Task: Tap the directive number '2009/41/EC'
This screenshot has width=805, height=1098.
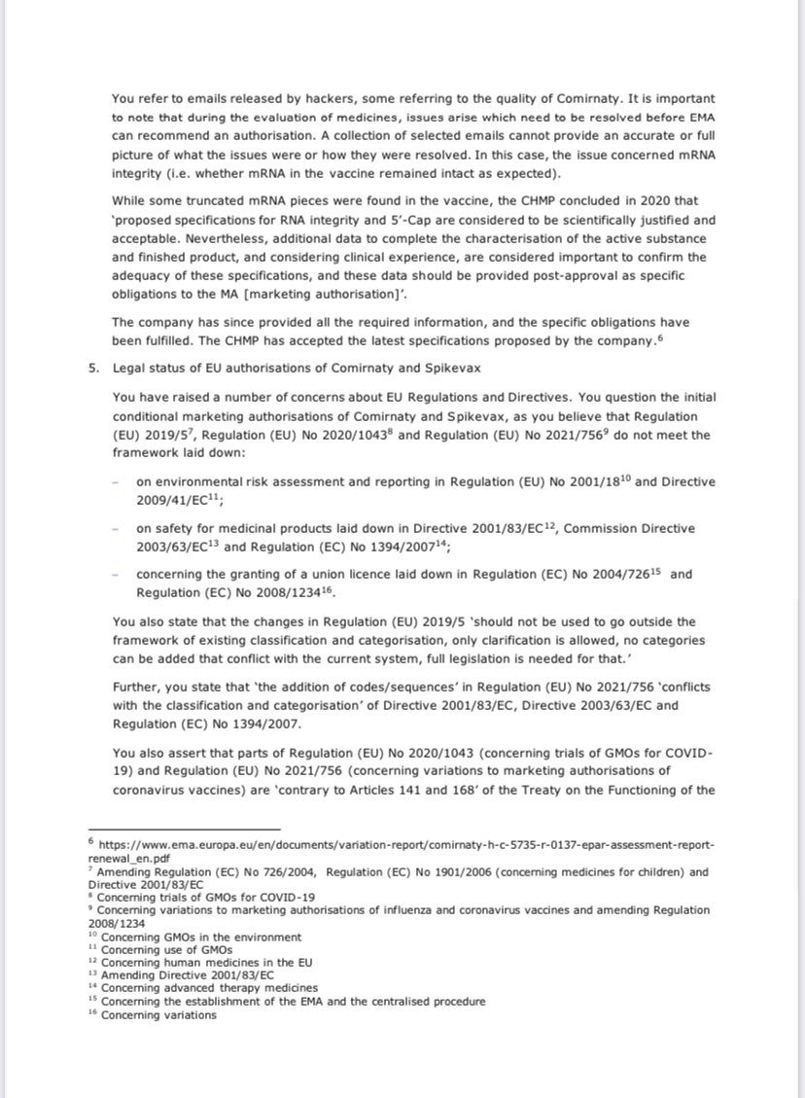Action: (173, 500)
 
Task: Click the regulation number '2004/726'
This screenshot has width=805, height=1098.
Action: (625, 574)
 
